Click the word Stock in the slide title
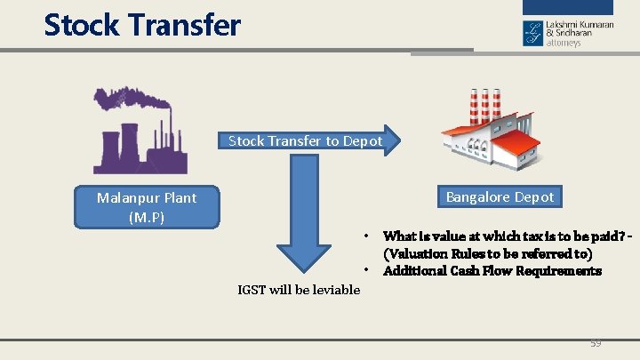pyautogui.click(x=82, y=25)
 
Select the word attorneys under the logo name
pyautogui.click(x=564, y=43)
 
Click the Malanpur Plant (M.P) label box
pyautogui.click(x=147, y=207)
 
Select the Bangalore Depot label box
pyautogui.click(x=500, y=197)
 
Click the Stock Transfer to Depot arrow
pyautogui.click(x=307, y=141)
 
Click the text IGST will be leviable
pyautogui.click(x=299, y=290)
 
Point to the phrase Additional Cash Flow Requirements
pyautogui.click(x=492, y=271)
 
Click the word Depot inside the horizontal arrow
pyautogui.click(x=364, y=141)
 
